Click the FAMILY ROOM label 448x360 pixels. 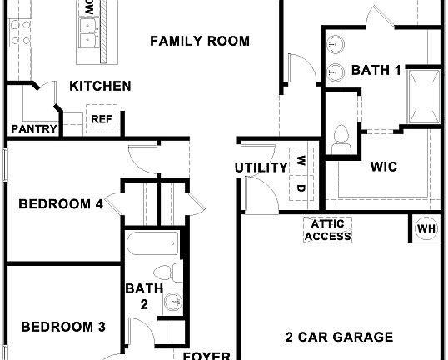(x=200, y=41)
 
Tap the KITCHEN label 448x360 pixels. (x=99, y=86)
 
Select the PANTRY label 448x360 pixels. (x=33, y=128)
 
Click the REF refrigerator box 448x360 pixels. (x=101, y=120)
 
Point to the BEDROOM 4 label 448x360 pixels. (x=61, y=202)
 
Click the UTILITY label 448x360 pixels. (x=261, y=167)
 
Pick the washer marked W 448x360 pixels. (x=300, y=158)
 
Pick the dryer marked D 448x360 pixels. (x=300, y=188)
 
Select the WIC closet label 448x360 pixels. (x=383, y=166)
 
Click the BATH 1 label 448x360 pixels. (x=376, y=71)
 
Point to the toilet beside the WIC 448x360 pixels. (x=341, y=138)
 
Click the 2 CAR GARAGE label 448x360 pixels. (x=339, y=337)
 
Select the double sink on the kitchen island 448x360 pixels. (x=86, y=37)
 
